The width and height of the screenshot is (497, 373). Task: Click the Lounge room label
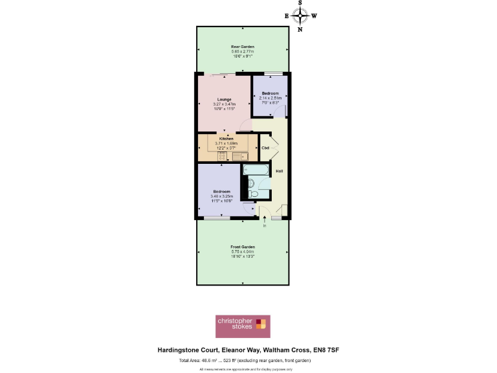click(225, 99)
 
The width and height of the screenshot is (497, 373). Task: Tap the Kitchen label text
click(226, 139)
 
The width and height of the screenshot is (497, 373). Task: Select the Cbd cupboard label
click(265, 148)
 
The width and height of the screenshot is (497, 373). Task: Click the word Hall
click(280, 171)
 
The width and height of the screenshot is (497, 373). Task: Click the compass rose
click(300, 16)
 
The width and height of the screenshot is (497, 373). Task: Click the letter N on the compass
click(300, 29)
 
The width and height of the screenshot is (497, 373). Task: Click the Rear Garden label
click(243, 47)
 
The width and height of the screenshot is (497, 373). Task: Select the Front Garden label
click(243, 247)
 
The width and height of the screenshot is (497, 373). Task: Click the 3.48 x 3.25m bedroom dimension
click(222, 196)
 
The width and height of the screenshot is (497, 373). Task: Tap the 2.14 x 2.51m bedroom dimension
click(270, 98)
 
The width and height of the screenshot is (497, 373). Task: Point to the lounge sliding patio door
click(223, 73)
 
